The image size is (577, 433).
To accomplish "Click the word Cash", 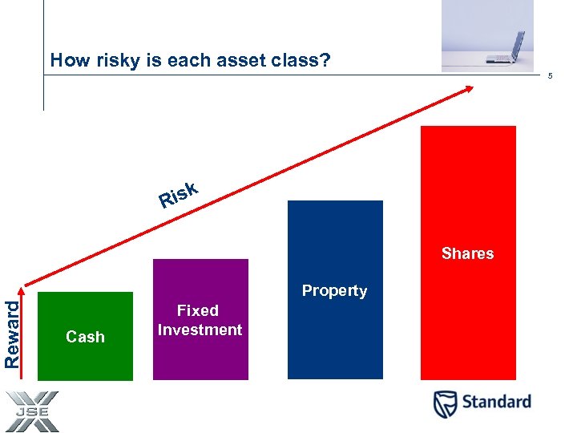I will (x=85, y=337).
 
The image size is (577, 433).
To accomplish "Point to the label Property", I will (x=334, y=291).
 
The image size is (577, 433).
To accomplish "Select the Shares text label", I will (x=467, y=253).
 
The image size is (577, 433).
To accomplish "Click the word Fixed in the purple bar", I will (x=198, y=310).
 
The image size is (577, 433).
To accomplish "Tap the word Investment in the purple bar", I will (x=200, y=330).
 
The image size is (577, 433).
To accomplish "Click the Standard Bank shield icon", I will (x=446, y=403).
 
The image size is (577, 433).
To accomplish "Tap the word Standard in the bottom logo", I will (x=495, y=402).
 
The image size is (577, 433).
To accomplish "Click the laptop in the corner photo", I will (x=507, y=48).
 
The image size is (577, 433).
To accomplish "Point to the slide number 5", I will (x=550, y=76).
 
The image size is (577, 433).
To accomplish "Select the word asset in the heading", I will (x=223, y=60).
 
